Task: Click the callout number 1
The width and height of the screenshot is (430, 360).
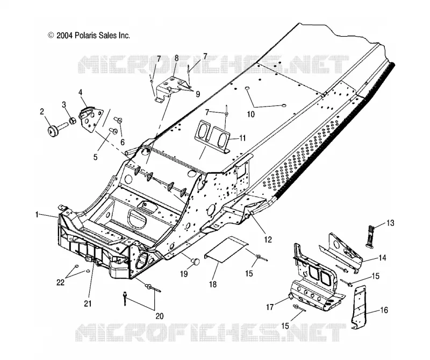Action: point(37,215)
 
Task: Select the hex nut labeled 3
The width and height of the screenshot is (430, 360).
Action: point(72,121)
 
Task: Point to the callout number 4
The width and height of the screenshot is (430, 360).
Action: point(80,92)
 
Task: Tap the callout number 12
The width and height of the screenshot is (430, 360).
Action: point(268,239)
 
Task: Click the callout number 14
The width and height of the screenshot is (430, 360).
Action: point(382,258)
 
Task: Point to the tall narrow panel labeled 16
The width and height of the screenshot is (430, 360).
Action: point(359,308)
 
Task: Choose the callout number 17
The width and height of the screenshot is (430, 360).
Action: point(270,307)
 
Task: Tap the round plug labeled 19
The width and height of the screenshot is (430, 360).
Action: point(195,262)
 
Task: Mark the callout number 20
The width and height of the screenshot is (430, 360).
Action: point(159,316)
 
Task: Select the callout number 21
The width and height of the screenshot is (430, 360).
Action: point(88,303)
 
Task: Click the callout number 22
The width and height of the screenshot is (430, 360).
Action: point(60,283)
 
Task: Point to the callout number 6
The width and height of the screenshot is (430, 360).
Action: point(123,142)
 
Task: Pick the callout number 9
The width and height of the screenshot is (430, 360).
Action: point(198,94)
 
